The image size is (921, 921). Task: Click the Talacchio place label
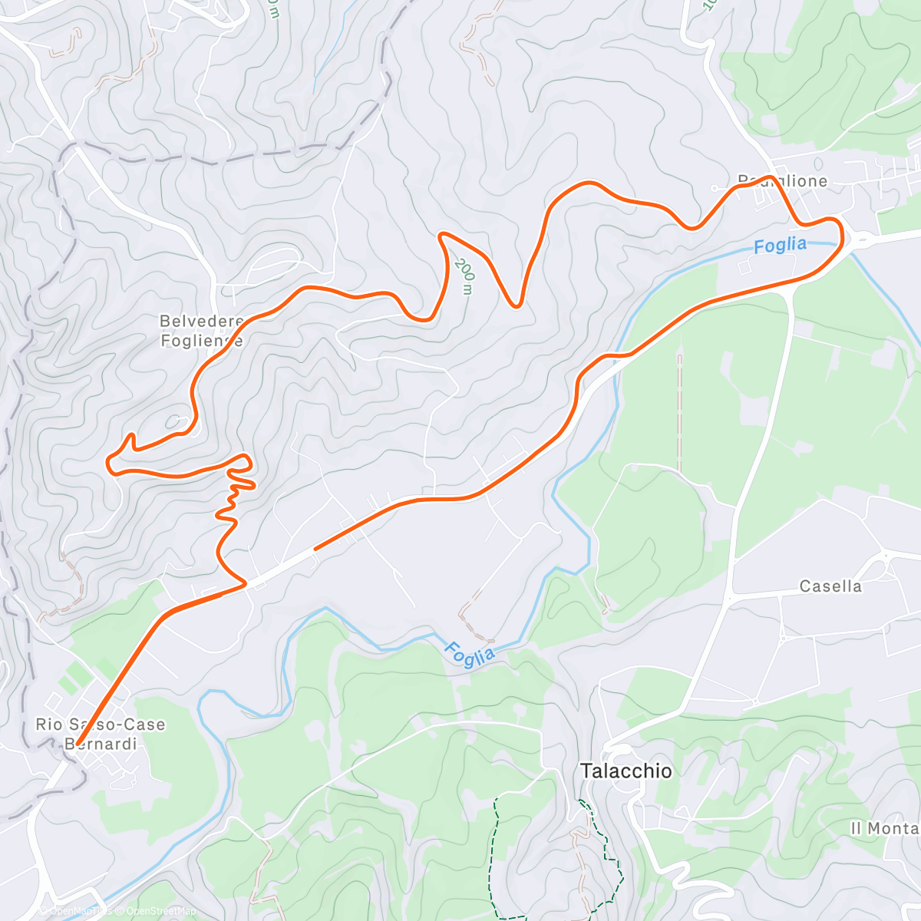[x=626, y=771]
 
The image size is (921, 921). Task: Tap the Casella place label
[x=830, y=586]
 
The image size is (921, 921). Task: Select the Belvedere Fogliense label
[x=201, y=331]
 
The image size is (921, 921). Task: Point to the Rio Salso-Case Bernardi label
[x=101, y=734]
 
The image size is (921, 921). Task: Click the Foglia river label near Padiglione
[x=780, y=246]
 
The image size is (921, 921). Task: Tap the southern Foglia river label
[x=469, y=655]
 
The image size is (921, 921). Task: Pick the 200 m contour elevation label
[x=464, y=276]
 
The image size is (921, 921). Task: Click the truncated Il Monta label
[x=885, y=828]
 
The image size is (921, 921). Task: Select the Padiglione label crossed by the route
[x=782, y=181]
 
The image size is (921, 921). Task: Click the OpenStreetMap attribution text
[x=161, y=911]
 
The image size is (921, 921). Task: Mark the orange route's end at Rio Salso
[x=78, y=742]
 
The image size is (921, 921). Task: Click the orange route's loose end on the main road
[x=315, y=549]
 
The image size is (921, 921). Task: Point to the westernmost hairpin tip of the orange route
[x=108, y=460]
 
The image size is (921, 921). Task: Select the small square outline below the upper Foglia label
[x=744, y=267]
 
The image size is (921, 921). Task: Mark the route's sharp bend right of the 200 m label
[x=517, y=305]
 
